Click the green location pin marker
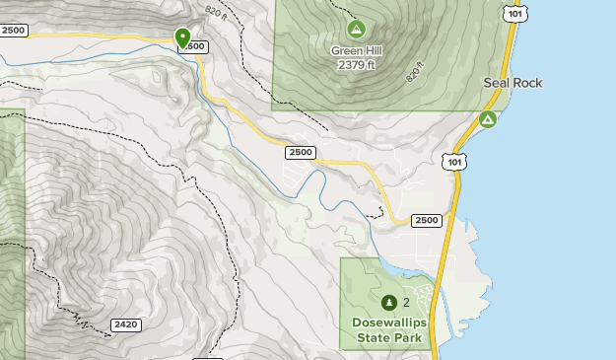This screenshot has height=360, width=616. click(182, 37)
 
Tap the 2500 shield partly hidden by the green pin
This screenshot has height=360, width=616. click(195, 47)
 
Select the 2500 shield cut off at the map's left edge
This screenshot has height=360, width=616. click(14, 31)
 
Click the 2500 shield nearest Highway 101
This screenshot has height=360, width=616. click(427, 220)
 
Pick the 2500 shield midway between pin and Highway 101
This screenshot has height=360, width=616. click(302, 152)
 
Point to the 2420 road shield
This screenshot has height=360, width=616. click(125, 324)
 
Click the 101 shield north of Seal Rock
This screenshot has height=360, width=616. click(513, 12)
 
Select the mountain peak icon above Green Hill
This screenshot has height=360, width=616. click(356, 30)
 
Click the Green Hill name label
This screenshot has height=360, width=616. click(356, 51)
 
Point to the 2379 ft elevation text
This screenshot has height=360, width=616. click(356, 65)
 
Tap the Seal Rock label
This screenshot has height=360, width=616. click(513, 83)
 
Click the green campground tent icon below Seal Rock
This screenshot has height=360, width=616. click(487, 119)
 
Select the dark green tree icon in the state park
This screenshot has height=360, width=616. click(388, 302)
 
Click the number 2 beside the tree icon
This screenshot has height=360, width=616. click(406, 302)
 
